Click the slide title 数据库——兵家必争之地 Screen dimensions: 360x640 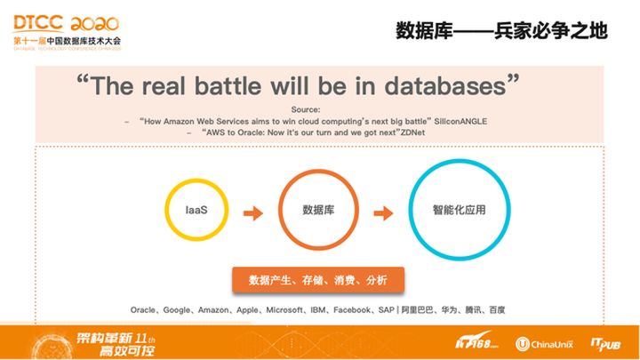[x=500, y=30]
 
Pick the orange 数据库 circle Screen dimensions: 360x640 [x=317, y=212]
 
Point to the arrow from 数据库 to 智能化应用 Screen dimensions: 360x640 [x=382, y=213]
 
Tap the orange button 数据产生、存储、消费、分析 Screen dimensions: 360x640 [x=317, y=280]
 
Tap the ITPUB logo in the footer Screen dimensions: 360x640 [x=608, y=341]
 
